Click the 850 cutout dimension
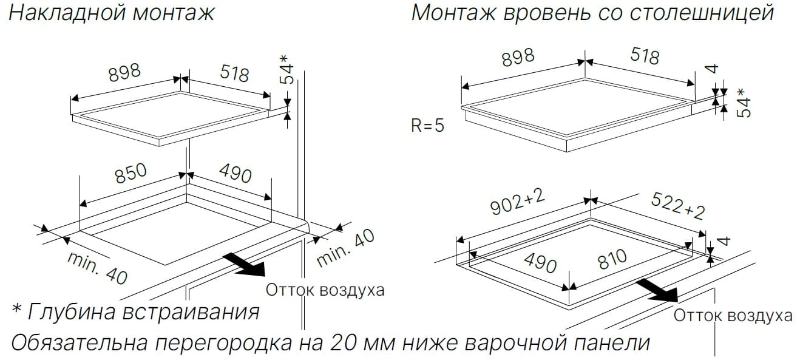tap(131, 174)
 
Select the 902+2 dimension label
tap(518, 202)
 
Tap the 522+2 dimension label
tap(678, 206)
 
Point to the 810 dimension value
tap(613, 259)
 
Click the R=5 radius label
tap(427, 126)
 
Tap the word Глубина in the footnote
tap(72, 312)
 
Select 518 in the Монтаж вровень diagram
tap(645, 56)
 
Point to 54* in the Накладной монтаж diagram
tap(286, 70)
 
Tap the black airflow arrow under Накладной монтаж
tap(244, 264)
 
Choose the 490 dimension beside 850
tap(236, 173)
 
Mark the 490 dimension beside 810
tap(540, 263)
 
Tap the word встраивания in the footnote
tap(191, 313)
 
